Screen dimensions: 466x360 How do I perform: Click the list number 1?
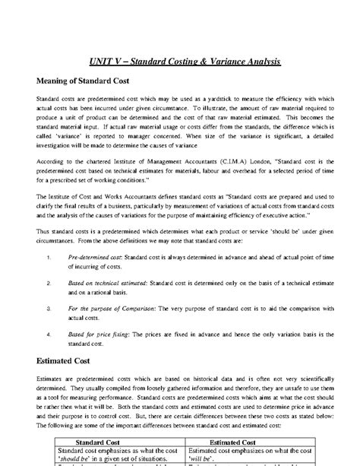click(49, 258)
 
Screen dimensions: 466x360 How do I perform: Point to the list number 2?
click(49, 283)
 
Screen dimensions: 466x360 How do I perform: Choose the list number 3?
click(49, 309)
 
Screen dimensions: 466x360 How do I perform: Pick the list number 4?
click(49, 334)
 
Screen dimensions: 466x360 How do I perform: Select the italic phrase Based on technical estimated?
click(107, 283)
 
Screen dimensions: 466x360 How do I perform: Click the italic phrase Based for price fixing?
click(96, 334)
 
